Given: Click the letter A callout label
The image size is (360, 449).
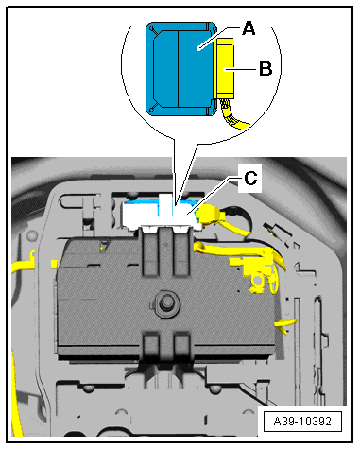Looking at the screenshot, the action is point(249,28).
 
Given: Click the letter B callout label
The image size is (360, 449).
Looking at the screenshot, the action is point(266,68).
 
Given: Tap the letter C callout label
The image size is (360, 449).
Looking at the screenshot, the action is point(250,178).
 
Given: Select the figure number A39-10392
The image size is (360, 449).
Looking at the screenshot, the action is point(302,421).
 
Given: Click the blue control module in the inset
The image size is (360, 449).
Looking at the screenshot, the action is point(180,69).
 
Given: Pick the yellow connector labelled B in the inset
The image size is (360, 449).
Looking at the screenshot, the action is point(224,69).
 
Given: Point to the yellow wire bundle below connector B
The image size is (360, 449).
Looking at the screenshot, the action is point(233,115).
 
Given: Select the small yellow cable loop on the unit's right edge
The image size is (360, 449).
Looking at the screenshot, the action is point(285,325).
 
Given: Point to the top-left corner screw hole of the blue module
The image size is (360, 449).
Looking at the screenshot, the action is point(152,29).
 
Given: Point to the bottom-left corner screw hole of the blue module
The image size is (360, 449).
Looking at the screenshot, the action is point(151,110).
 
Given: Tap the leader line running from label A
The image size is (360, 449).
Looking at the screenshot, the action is point(218,38).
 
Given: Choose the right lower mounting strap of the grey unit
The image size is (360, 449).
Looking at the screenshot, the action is point(182,345).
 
